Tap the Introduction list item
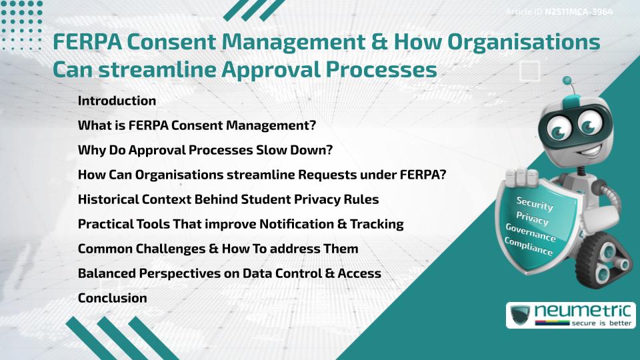(117, 101)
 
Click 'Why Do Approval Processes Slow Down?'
(205, 150)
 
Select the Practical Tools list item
(241, 224)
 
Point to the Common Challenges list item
(218, 249)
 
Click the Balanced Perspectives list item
(229, 273)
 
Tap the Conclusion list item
(112, 298)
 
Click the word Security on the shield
(535, 204)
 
